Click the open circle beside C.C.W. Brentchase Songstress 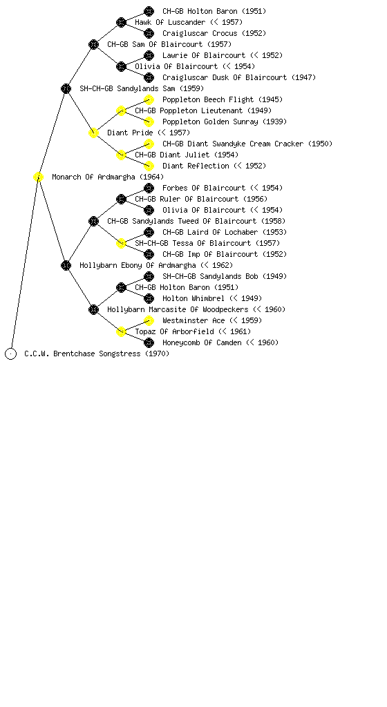[x=11, y=353]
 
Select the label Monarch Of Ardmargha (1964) [x=108, y=177]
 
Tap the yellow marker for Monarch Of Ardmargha [x=38, y=177]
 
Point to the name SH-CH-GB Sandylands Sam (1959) [x=142, y=88]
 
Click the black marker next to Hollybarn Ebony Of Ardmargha [x=66, y=265]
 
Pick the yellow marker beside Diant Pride [x=93, y=133]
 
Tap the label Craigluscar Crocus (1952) [x=214, y=33]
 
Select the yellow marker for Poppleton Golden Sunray [x=149, y=122]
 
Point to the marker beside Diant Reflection [x=149, y=166]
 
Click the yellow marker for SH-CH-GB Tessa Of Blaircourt [x=121, y=243]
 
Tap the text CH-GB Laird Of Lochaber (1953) [x=225, y=232]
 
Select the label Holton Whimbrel [x=193, y=298]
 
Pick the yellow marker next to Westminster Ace [x=149, y=320]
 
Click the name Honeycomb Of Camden [x=202, y=342]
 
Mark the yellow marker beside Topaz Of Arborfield [x=121, y=331]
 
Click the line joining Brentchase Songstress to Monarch [x=25, y=265]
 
